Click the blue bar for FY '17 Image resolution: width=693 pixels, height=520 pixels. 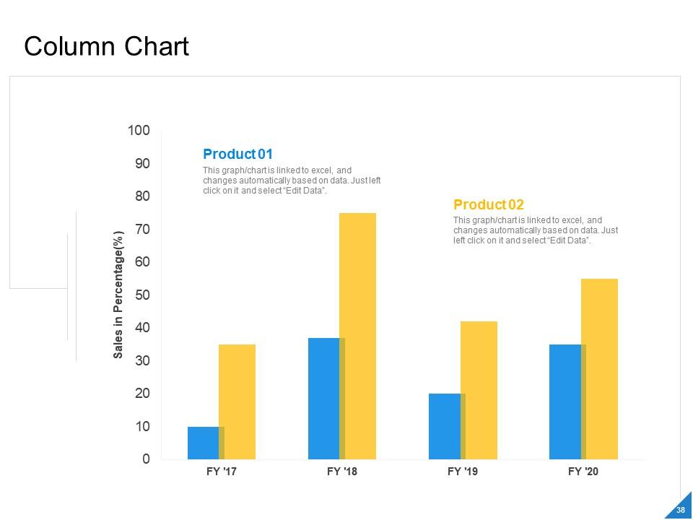pyautogui.click(x=203, y=443)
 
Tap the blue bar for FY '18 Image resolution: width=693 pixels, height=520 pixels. pyautogui.click(x=323, y=398)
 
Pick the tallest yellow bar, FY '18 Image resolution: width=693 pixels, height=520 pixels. pyautogui.click(x=358, y=336)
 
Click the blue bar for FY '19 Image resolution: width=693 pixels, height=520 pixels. pyautogui.click(x=444, y=426)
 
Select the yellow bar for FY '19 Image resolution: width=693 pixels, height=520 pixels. pyautogui.click(x=479, y=390)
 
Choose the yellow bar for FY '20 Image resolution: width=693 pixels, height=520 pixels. pyautogui.click(x=600, y=368)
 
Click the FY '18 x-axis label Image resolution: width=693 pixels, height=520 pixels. pyautogui.click(x=342, y=472)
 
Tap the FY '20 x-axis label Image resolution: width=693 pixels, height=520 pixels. pyautogui.click(x=583, y=472)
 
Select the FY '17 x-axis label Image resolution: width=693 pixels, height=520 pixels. pyautogui.click(x=222, y=472)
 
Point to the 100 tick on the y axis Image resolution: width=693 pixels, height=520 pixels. pyautogui.click(x=139, y=131)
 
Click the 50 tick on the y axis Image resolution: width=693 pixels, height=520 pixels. pyautogui.click(x=142, y=295)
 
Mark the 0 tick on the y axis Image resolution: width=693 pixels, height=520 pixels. pyautogui.click(x=147, y=459)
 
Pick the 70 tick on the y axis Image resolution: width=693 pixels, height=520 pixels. pyautogui.click(x=142, y=230)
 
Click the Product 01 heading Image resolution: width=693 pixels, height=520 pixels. pyautogui.click(x=237, y=154)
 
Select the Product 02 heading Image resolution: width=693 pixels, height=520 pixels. pyautogui.click(x=488, y=204)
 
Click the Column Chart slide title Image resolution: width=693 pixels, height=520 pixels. pyautogui.click(x=106, y=46)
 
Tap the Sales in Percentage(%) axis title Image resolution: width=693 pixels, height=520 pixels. pyautogui.click(x=119, y=294)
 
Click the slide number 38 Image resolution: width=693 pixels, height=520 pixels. pyautogui.click(x=679, y=511)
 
